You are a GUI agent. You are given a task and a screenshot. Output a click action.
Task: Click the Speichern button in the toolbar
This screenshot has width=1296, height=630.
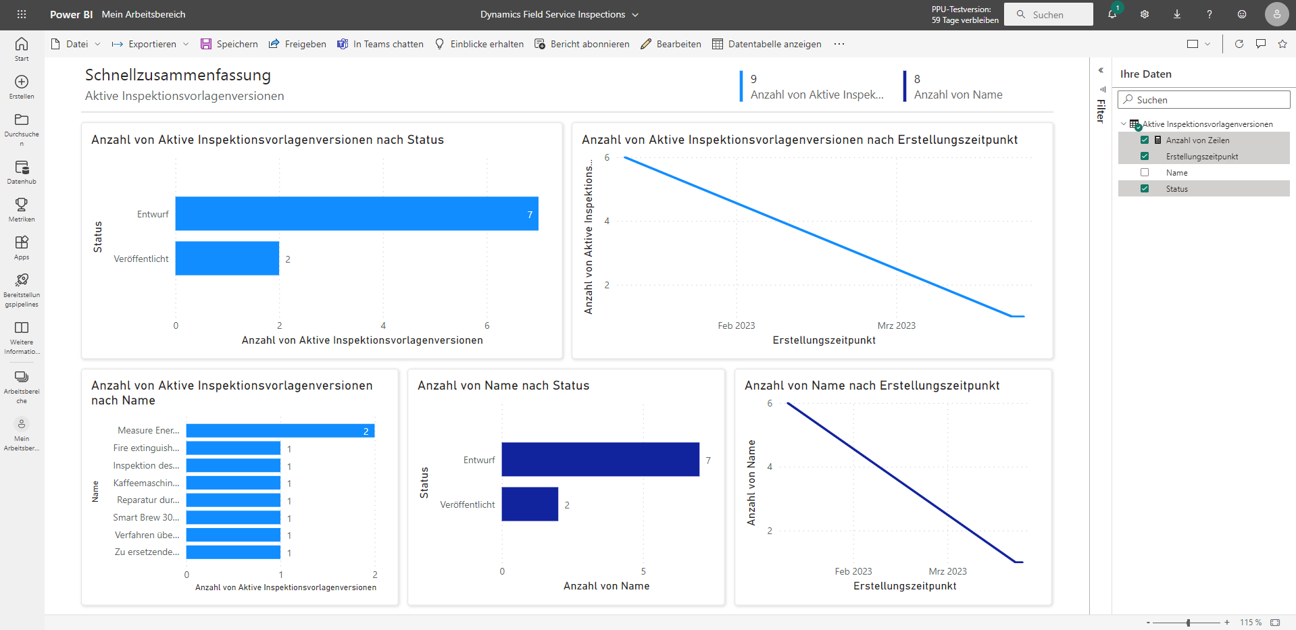[230, 44]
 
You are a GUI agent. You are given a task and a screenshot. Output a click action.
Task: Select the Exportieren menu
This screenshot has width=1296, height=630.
[150, 44]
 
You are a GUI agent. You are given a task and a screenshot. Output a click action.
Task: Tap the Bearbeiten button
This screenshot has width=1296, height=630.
[671, 44]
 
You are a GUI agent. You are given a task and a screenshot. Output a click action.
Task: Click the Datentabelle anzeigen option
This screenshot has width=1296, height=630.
[767, 44]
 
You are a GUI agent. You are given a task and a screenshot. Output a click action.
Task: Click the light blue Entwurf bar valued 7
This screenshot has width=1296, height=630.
[356, 214]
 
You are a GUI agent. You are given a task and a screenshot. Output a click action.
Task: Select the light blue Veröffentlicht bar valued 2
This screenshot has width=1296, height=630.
[227, 259]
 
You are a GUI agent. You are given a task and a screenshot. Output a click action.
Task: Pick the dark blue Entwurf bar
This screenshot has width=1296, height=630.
[600, 460]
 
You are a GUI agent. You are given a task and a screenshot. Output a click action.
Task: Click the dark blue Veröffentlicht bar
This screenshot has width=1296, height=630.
[530, 504]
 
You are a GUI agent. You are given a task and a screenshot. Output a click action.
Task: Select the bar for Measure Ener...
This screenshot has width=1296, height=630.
[280, 431]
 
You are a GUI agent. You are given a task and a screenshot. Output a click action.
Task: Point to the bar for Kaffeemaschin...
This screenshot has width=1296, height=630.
[233, 483]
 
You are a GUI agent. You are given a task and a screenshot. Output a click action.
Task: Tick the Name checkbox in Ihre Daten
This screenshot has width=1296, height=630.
[1145, 173]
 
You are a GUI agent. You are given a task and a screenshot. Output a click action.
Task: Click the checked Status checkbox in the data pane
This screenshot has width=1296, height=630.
[1145, 189]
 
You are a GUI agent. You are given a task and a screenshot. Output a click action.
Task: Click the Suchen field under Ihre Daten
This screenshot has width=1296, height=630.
[1204, 100]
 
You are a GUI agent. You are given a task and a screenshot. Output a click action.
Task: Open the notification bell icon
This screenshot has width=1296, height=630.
[1112, 14]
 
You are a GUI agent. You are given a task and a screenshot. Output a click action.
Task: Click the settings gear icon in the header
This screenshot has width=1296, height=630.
[1145, 14]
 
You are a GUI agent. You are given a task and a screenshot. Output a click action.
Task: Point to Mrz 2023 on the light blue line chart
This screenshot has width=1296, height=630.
[896, 325]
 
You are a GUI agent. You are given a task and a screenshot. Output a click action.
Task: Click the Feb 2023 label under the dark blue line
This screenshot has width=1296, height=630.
[853, 571]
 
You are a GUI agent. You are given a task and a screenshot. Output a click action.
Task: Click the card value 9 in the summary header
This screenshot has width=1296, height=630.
[754, 79]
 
